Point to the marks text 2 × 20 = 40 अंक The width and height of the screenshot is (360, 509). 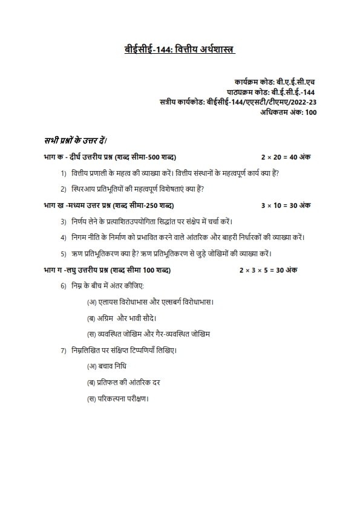(x=286, y=157)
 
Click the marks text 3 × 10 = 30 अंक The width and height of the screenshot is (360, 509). (x=286, y=206)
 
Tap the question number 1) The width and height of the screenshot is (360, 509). (x=63, y=173)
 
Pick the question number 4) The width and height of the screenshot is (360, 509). (x=63, y=237)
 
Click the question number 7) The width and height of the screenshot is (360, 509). (x=63, y=350)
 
